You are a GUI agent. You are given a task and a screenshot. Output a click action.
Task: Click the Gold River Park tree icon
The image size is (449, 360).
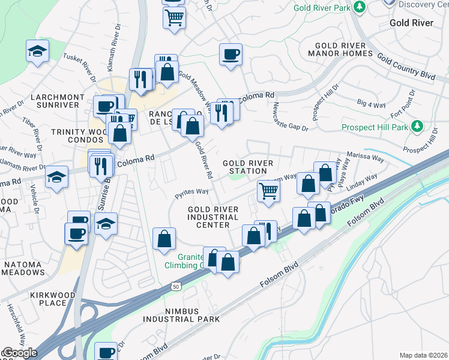(x=360, y=7)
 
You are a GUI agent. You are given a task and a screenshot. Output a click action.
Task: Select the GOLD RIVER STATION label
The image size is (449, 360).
(x=248, y=167)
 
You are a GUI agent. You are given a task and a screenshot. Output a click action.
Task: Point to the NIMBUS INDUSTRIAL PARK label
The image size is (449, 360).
(x=177, y=314)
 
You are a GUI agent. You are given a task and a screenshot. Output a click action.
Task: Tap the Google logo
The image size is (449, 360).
(x=19, y=353)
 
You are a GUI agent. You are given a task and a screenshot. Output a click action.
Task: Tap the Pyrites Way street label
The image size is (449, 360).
(x=191, y=192)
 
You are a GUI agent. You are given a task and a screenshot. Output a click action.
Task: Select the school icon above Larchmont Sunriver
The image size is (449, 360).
(x=37, y=52)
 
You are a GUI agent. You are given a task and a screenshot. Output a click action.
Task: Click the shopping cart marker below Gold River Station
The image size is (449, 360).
(x=268, y=191)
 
